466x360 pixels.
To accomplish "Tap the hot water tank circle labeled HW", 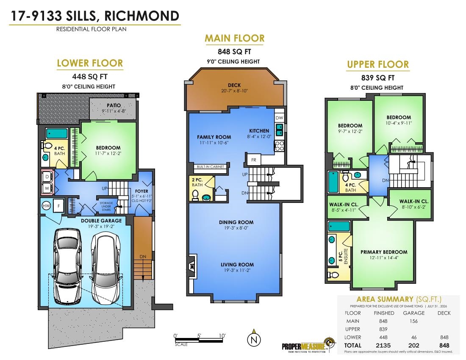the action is pos(46,205).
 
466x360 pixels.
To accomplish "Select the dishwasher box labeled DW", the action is pos(279,118).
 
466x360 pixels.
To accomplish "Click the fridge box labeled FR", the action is pos(253,160).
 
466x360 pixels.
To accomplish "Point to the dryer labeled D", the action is pos(47,177).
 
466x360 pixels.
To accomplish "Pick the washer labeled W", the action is pos(47,188).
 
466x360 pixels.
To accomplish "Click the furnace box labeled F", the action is pos(58,205).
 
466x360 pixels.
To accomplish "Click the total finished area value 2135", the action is pos(383,346).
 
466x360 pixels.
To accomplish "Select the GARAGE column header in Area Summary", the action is pos(414,313).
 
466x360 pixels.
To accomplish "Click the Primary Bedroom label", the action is pos(384,252).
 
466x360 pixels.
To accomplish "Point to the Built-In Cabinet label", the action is pos(211,166).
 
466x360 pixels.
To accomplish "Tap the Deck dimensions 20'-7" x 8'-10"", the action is pos(235,91).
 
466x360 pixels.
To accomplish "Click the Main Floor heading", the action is pos(235,38).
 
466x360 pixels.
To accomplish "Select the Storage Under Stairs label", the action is pos(106,206).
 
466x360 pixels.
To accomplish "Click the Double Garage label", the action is pos(101,221).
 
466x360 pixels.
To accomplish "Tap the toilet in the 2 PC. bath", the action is pos(196,195).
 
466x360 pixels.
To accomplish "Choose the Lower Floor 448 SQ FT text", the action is pos(90,77).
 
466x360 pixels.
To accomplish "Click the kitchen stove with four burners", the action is pos(279,146).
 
